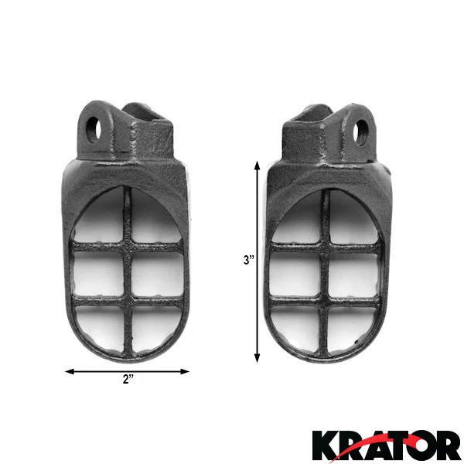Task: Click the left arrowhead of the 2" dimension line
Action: (69, 371)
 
